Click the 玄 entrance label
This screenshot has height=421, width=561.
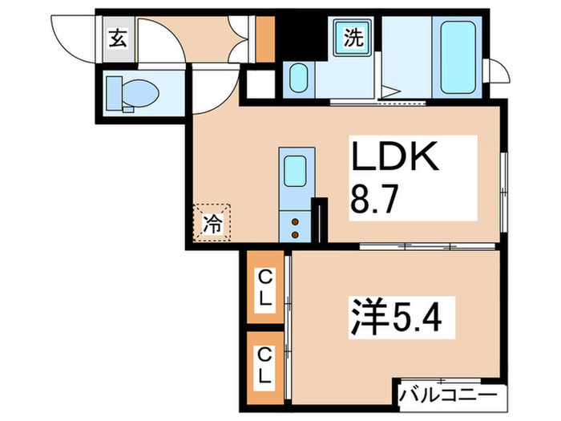pyautogui.click(x=118, y=38)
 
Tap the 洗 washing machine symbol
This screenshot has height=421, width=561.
pyautogui.click(x=353, y=37)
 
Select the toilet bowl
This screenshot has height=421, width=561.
pyautogui.click(x=140, y=93)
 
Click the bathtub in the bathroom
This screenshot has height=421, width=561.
pyautogui.click(x=458, y=57)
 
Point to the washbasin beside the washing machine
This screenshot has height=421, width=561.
pyautogui.click(x=299, y=79)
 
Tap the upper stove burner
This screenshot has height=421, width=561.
pyautogui.click(x=295, y=222)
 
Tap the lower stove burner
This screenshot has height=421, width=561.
pyautogui.click(x=295, y=235)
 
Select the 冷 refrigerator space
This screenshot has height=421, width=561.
pyautogui.click(x=212, y=223)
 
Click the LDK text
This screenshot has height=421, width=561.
pyautogui.click(x=395, y=156)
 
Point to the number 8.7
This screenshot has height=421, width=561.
pyautogui.click(x=374, y=200)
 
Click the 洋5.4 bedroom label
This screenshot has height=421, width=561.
pyautogui.click(x=397, y=316)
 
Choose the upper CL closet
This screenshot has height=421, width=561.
pyautogui.click(x=265, y=287)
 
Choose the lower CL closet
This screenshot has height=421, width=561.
pyautogui.click(x=265, y=368)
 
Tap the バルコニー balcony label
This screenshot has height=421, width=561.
pyautogui.click(x=449, y=395)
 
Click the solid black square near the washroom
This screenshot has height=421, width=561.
pyautogui.click(x=301, y=38)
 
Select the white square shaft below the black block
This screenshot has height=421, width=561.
pyautogui.click(x=260, y=84)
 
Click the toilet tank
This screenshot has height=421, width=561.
pyautogui.click(x=115, y=93)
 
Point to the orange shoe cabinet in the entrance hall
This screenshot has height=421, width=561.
pyautogui.click(x=265, y=39)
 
